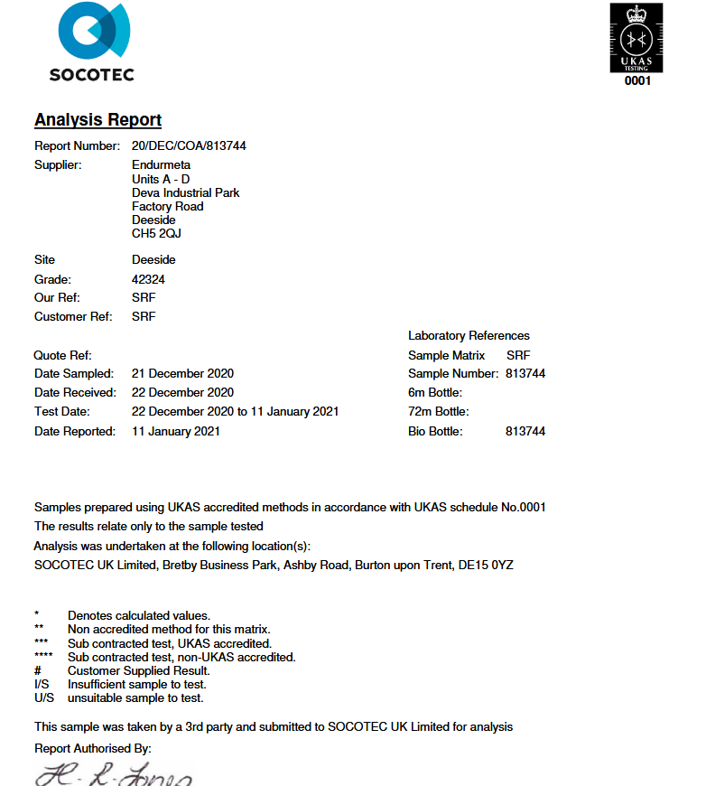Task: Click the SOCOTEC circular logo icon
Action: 93,32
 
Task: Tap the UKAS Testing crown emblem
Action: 636,37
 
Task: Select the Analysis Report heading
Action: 98,120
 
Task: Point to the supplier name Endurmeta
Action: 161,165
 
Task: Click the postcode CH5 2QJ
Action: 156,233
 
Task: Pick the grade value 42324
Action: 148,280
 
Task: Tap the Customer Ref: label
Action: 73,317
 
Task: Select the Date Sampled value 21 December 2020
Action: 182,373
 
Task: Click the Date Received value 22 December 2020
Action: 182,392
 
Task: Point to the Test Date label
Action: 62,411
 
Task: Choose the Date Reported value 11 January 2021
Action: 176,431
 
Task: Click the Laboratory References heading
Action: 469,335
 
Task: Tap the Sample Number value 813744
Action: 525,373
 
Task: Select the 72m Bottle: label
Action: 438,411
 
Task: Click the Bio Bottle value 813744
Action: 525,431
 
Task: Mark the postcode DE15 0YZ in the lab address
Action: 487,566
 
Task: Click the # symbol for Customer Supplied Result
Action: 38,671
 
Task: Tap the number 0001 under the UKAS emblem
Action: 637,80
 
